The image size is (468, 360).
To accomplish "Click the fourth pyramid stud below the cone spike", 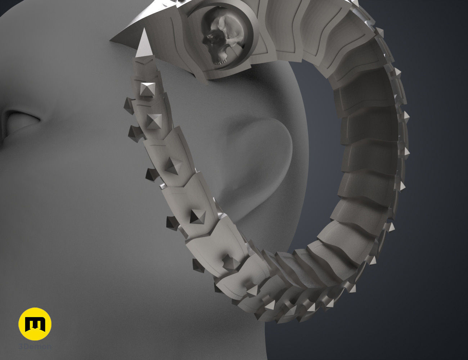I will tap(198, 216).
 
